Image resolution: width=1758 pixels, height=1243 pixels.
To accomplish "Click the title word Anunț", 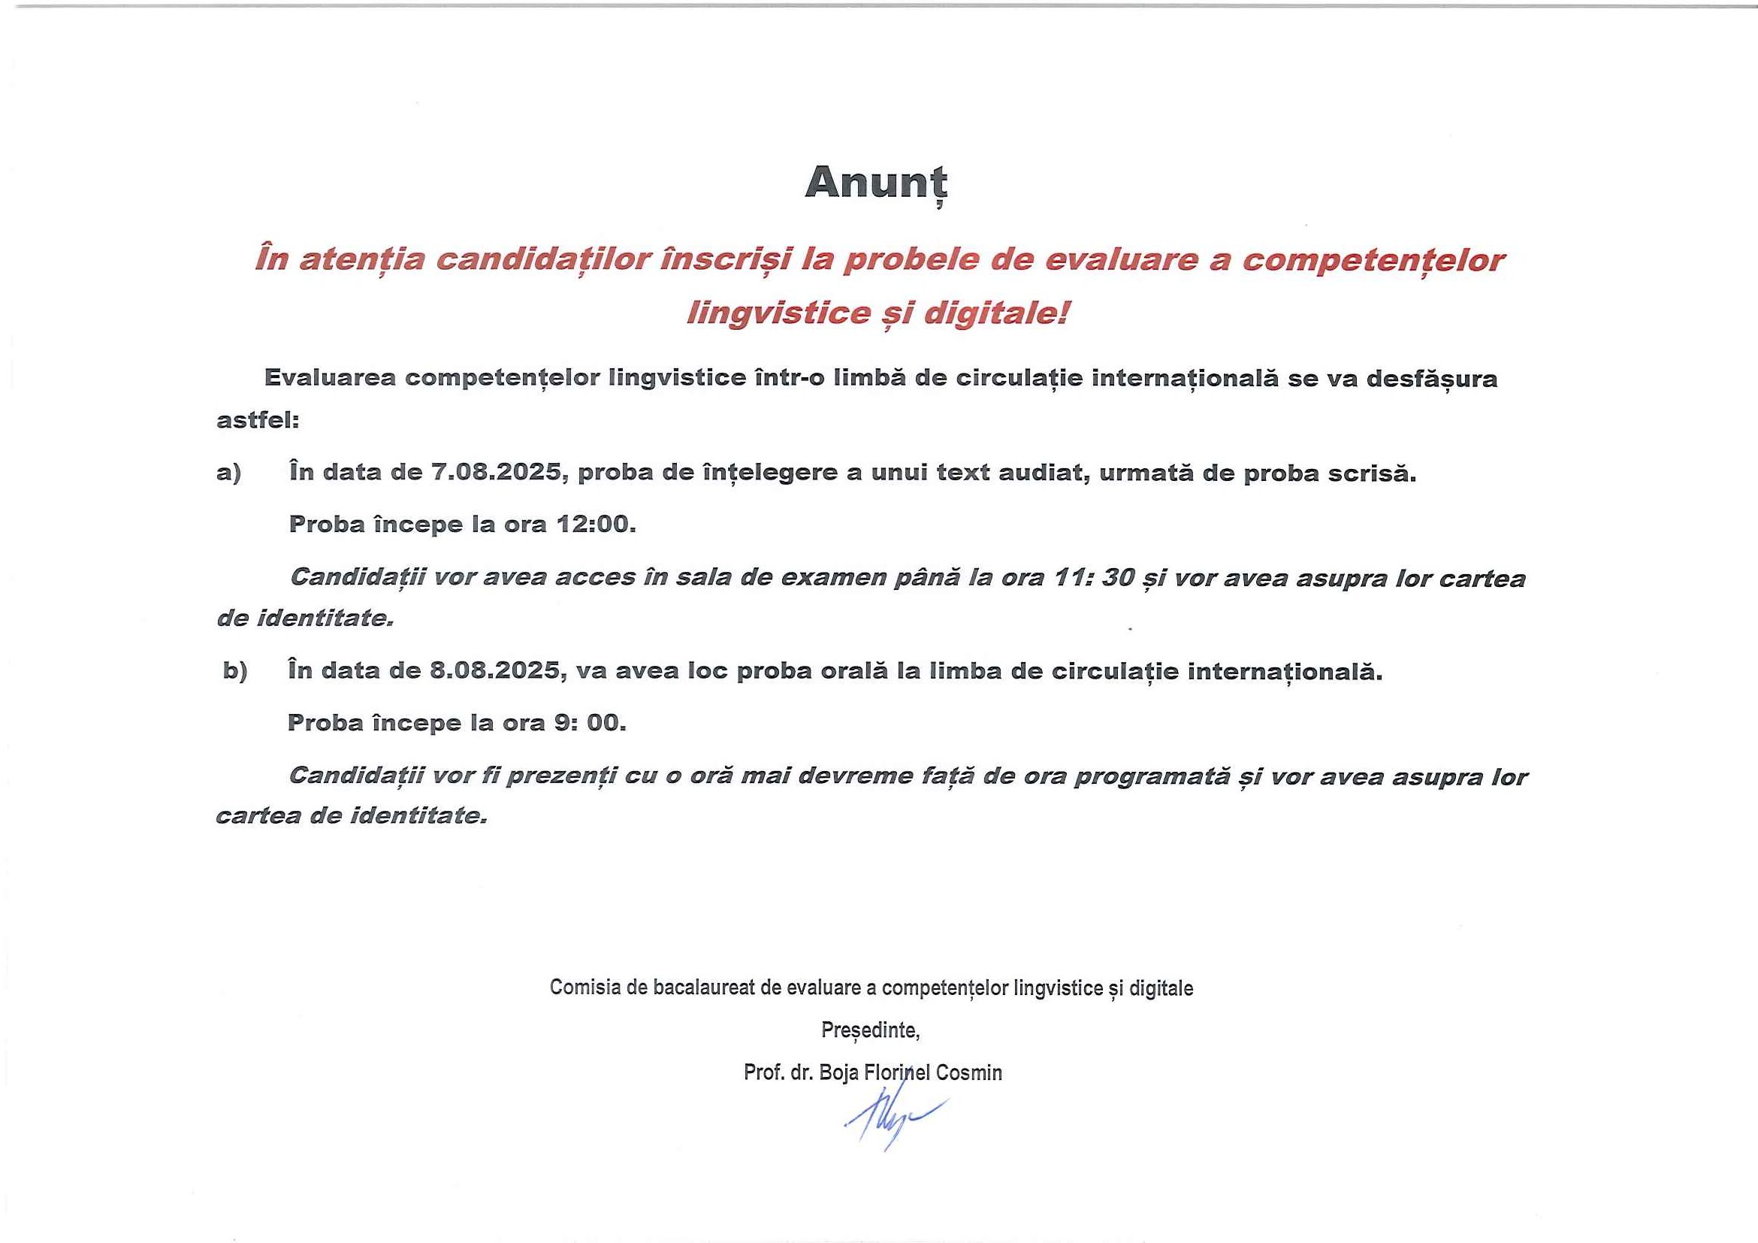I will (876, 183).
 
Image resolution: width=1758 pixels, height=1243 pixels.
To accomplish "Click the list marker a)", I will (229, 473).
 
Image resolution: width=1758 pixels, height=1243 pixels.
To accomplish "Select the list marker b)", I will (235, 672).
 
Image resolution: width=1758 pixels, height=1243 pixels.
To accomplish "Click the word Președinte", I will (869, 1030).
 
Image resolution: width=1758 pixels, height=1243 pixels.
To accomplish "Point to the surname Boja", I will (838, 1072).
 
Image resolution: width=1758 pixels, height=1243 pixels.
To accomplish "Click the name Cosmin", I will (968, 1072).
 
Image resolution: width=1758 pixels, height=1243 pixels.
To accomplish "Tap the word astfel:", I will (258, 420).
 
